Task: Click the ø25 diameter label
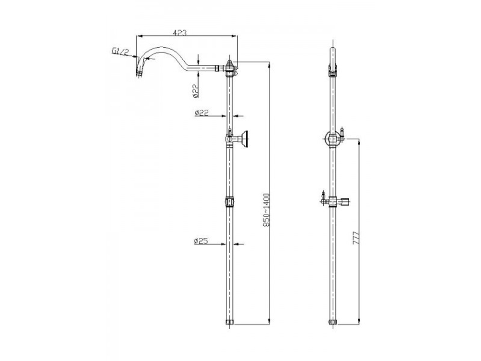click(201, 241)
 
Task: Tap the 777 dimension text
click(356, 239)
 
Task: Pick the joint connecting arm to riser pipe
click(230, 68)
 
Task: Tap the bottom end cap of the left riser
click(230, 322)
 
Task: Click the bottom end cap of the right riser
click(331, 322)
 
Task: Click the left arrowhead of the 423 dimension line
click(139, 35)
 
